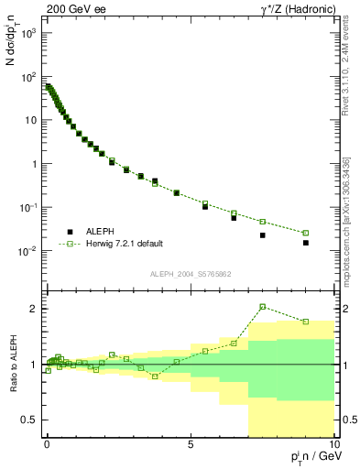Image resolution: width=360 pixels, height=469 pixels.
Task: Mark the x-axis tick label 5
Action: [190, 444]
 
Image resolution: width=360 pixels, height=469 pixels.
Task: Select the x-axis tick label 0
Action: [47, 444]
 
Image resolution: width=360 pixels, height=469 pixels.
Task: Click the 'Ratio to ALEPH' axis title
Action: [13, 364]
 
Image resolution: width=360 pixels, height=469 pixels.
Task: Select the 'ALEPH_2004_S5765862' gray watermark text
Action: [190, 275]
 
